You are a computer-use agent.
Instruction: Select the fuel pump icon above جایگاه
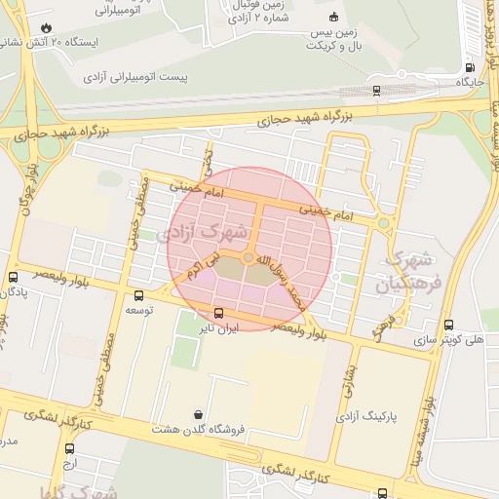click(471, 67)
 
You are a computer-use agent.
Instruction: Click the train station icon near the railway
click(376, 91)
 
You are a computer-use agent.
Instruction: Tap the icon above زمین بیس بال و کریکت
click(333, 17)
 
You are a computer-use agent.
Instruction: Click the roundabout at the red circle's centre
click(249, 257)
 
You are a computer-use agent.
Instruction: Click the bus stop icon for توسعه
click(138, 295)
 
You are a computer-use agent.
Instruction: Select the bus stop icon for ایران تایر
click(217, 314)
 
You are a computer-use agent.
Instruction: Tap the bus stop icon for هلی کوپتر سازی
click(447, 326)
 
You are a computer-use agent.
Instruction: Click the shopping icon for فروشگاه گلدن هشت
click(199, 413)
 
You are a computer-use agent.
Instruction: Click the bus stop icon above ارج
click(69, 449)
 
